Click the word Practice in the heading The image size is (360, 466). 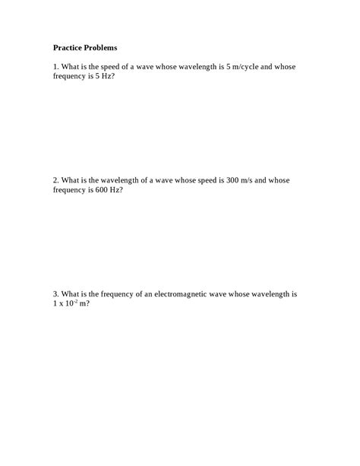(70, 47)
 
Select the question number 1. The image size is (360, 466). (55, 67)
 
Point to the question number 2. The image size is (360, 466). (55, 180)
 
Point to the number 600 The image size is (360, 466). (103, 190)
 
